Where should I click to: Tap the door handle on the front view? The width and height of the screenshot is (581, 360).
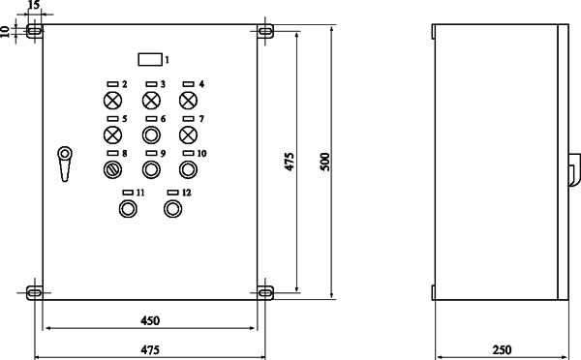65,164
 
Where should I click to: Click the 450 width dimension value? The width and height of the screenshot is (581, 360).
150,320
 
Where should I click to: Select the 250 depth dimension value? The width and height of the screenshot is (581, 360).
502,349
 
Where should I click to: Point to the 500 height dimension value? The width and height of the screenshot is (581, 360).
325,162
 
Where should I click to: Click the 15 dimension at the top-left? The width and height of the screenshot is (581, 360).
33,5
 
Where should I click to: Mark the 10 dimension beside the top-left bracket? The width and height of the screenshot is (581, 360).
5,32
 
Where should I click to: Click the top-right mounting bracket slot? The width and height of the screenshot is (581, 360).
265,31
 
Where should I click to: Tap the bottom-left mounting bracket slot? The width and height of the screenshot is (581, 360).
35,293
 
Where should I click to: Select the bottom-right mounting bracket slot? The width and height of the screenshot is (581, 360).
265,293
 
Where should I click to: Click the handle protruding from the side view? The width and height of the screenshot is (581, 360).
574,169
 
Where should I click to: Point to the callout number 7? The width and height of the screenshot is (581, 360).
201,119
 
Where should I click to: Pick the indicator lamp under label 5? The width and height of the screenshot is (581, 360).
112,135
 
